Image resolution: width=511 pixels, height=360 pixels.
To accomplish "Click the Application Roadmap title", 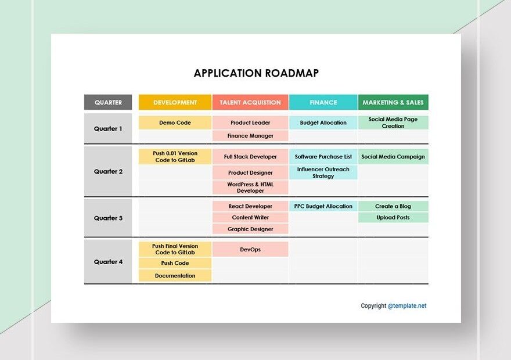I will tap(256, 73).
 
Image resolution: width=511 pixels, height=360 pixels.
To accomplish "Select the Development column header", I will tap(175, 102).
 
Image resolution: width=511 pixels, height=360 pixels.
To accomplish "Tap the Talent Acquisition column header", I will tap(250, 102).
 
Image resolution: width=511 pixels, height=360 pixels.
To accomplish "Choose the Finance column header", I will tap(323, 102).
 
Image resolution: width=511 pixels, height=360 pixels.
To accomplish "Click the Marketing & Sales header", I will tap(393, 102).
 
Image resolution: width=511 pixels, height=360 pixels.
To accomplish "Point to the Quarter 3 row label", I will tap(108, 218).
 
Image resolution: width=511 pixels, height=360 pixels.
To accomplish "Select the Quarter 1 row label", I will tap(108, 128).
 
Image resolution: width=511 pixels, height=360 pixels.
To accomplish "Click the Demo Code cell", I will tap(175, 123).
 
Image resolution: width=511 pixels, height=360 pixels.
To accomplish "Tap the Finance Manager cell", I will tap(250, 136).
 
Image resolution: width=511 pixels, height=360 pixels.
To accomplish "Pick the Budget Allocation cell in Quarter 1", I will tap(323, 123).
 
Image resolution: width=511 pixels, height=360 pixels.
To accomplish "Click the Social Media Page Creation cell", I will tap(393, 123).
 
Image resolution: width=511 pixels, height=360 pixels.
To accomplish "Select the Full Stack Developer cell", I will tap(250, 157).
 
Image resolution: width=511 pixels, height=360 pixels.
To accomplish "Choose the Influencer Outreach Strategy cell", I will tap(323, 172).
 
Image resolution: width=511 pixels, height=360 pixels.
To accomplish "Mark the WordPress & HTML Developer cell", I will tap(250, 187).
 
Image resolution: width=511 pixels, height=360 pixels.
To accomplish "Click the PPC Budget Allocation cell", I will tap(323, 206).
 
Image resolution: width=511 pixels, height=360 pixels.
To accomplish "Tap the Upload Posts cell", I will tap(393, 217).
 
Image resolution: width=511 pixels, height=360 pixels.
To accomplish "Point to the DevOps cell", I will tap(250, 249).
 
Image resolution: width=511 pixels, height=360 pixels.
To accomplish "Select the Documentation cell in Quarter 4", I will tap(175, 276).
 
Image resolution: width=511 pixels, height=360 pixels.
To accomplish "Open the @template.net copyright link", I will tap(407, 306).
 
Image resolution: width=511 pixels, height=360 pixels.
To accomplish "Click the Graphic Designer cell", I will tap(250, 229).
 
